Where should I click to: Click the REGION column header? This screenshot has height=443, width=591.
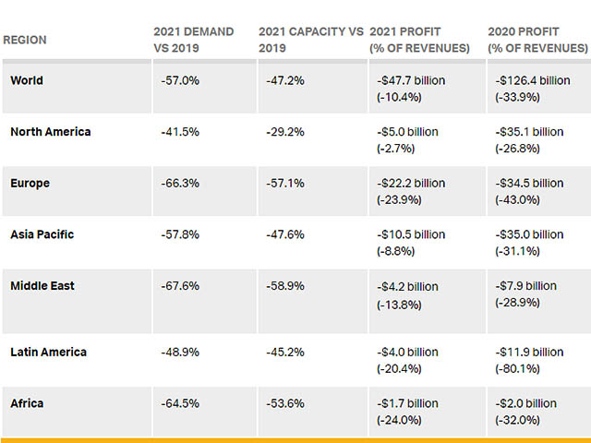25,41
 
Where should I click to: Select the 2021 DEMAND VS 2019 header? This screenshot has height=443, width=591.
194,40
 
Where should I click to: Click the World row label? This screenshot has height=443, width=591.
27,80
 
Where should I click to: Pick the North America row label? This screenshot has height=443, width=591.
51,131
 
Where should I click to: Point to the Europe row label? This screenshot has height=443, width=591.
30,183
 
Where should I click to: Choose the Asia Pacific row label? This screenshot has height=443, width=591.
42,234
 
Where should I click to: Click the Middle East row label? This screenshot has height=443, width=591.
42,286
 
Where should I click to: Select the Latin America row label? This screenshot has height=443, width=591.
48,352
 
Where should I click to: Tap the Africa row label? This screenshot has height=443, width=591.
27,403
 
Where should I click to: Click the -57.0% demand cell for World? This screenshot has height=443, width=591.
180,80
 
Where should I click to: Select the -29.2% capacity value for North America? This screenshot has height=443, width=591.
285,132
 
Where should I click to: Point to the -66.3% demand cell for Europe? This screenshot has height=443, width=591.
180,184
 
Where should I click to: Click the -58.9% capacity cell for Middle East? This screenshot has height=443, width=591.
285,286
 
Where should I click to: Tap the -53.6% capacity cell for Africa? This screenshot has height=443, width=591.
285,403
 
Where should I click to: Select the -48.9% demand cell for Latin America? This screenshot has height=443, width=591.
180,352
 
